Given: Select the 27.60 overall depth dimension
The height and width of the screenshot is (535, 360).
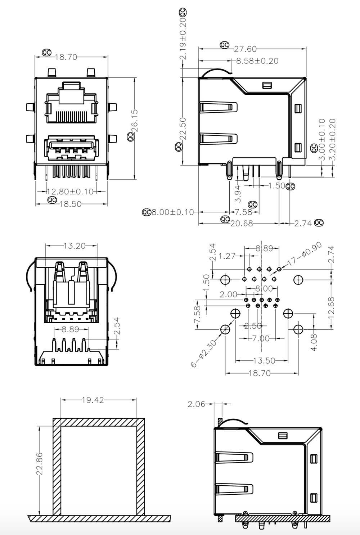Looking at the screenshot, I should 246,49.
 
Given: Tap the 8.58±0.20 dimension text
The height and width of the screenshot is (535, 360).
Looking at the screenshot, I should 257,61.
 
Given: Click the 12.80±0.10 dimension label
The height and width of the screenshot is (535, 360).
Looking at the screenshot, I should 70,191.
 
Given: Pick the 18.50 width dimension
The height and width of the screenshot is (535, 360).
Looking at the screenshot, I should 70,204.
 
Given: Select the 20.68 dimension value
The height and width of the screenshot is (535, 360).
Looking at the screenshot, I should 242,223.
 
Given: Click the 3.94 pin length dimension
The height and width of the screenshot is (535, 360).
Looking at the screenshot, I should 238,194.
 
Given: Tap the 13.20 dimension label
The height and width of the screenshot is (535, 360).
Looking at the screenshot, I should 75,246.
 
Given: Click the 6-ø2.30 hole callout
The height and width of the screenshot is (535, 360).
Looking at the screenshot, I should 204,354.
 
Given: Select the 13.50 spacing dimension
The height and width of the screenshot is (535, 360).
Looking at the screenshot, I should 264,360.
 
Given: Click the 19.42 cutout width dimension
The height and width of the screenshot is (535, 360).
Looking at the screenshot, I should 93,400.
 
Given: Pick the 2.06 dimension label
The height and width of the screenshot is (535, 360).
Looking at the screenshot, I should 196,404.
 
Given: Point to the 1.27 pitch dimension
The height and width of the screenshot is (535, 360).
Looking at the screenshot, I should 227,256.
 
